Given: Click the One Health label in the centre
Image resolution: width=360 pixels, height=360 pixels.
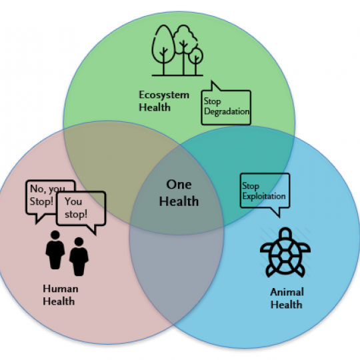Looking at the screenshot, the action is pyautogui.click(x=179, y=193).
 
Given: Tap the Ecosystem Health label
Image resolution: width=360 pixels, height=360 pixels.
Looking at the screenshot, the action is pyautogui.click(x=164, y=101).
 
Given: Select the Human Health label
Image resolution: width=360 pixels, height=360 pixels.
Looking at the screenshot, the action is pyautogui.click(x=61, y=295).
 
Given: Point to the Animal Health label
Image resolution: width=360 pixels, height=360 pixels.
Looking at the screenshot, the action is pyautogui.click(x=287, y=298).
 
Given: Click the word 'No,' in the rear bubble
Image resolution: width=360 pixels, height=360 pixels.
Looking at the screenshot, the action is pyautogui.click(x=37, y=189).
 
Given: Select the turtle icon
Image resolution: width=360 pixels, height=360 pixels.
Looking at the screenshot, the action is pyautogui.click(x=285, y=252).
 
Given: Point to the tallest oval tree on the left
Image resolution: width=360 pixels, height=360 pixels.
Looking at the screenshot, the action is pyautogui.click(x=163, y=49).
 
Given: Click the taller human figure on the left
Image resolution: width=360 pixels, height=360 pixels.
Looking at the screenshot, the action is pyautogui.click(x=55, y=250).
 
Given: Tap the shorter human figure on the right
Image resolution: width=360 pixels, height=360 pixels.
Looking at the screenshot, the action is pyautogui.click(x=79, y=257).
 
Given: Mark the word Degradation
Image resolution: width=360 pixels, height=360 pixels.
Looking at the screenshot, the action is pyautogui.click(x=227, y=112).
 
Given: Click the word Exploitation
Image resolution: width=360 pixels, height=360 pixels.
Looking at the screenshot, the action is pyautogui.click(x=264, y=196).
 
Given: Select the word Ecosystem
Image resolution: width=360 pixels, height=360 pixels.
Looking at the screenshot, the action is pyautogui.click(x=164, y=95).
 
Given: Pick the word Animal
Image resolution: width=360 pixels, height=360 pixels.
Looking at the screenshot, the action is pyautogui.click(x=287, y=292).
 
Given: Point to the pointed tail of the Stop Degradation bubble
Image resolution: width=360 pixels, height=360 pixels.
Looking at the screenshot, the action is pyautogui.click(x=213, y=82).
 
